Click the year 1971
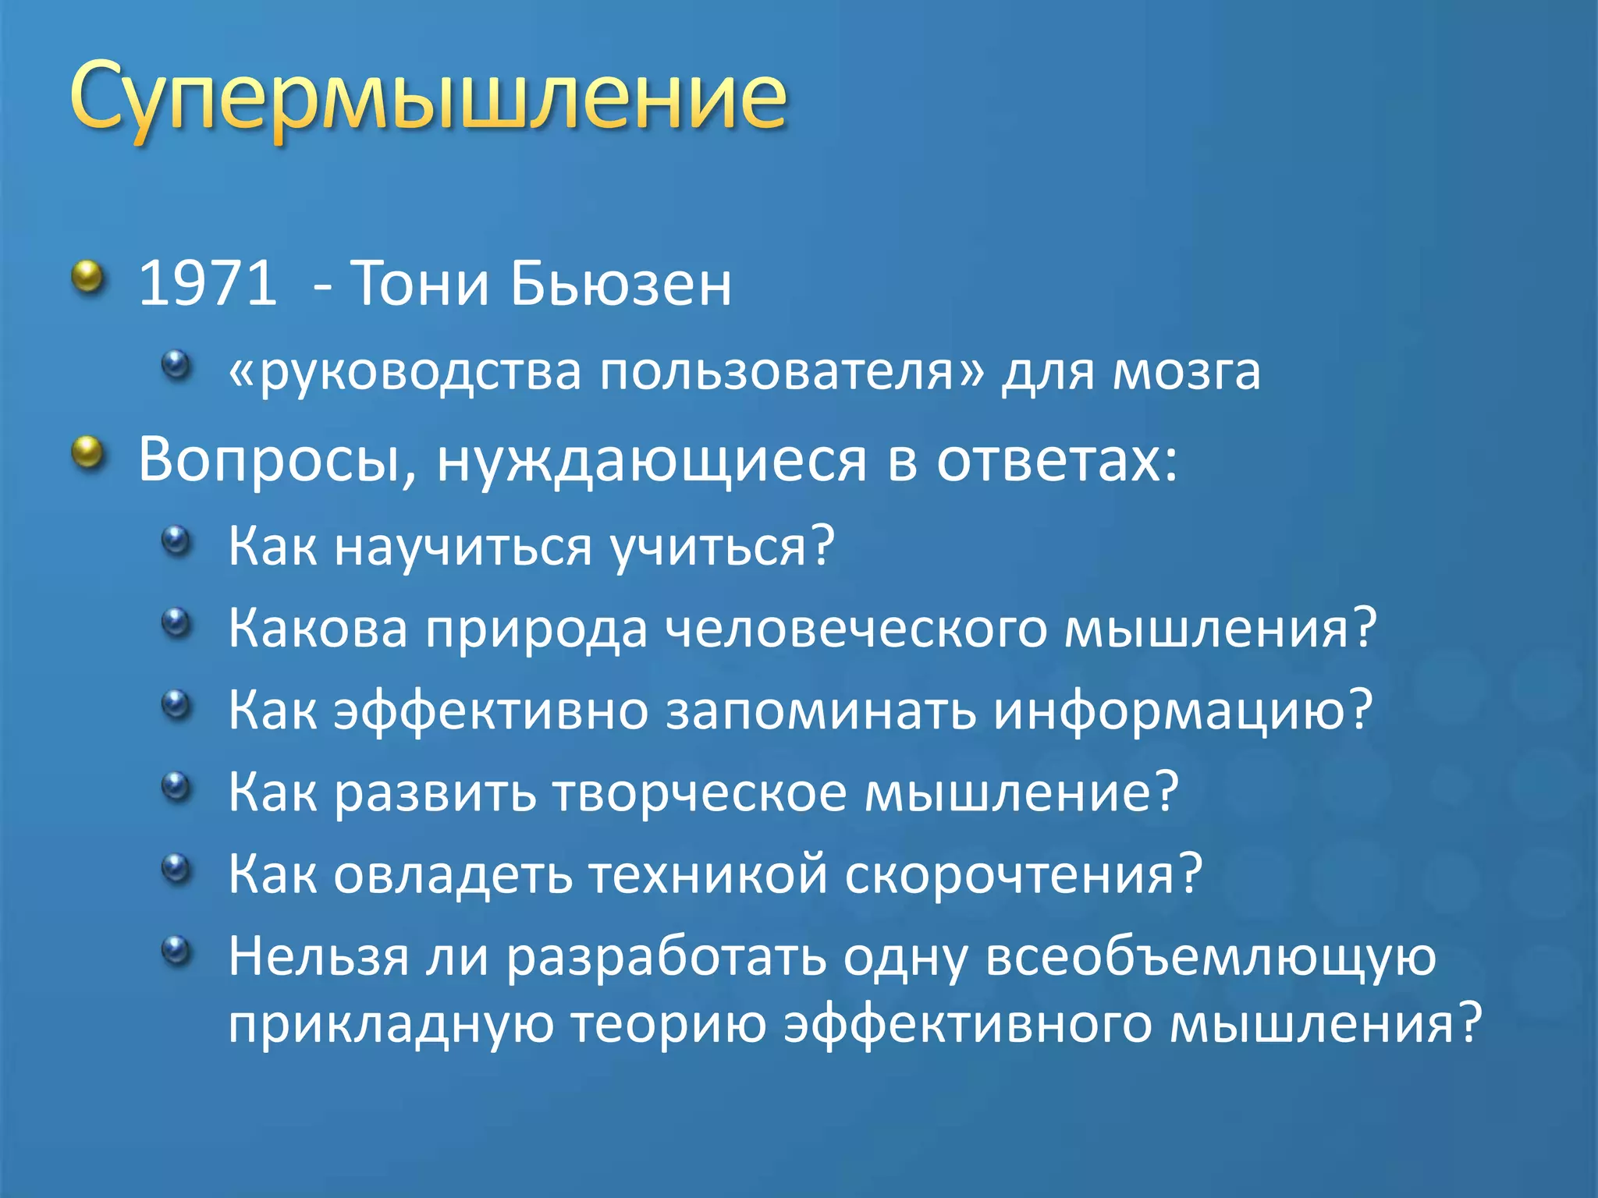point(208,282)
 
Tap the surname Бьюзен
point(621,282)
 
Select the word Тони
point(420,282)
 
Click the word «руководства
point(404,371)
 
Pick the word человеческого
point(856,629)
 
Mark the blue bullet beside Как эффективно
point(176,704)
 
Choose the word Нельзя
point(318,956)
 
